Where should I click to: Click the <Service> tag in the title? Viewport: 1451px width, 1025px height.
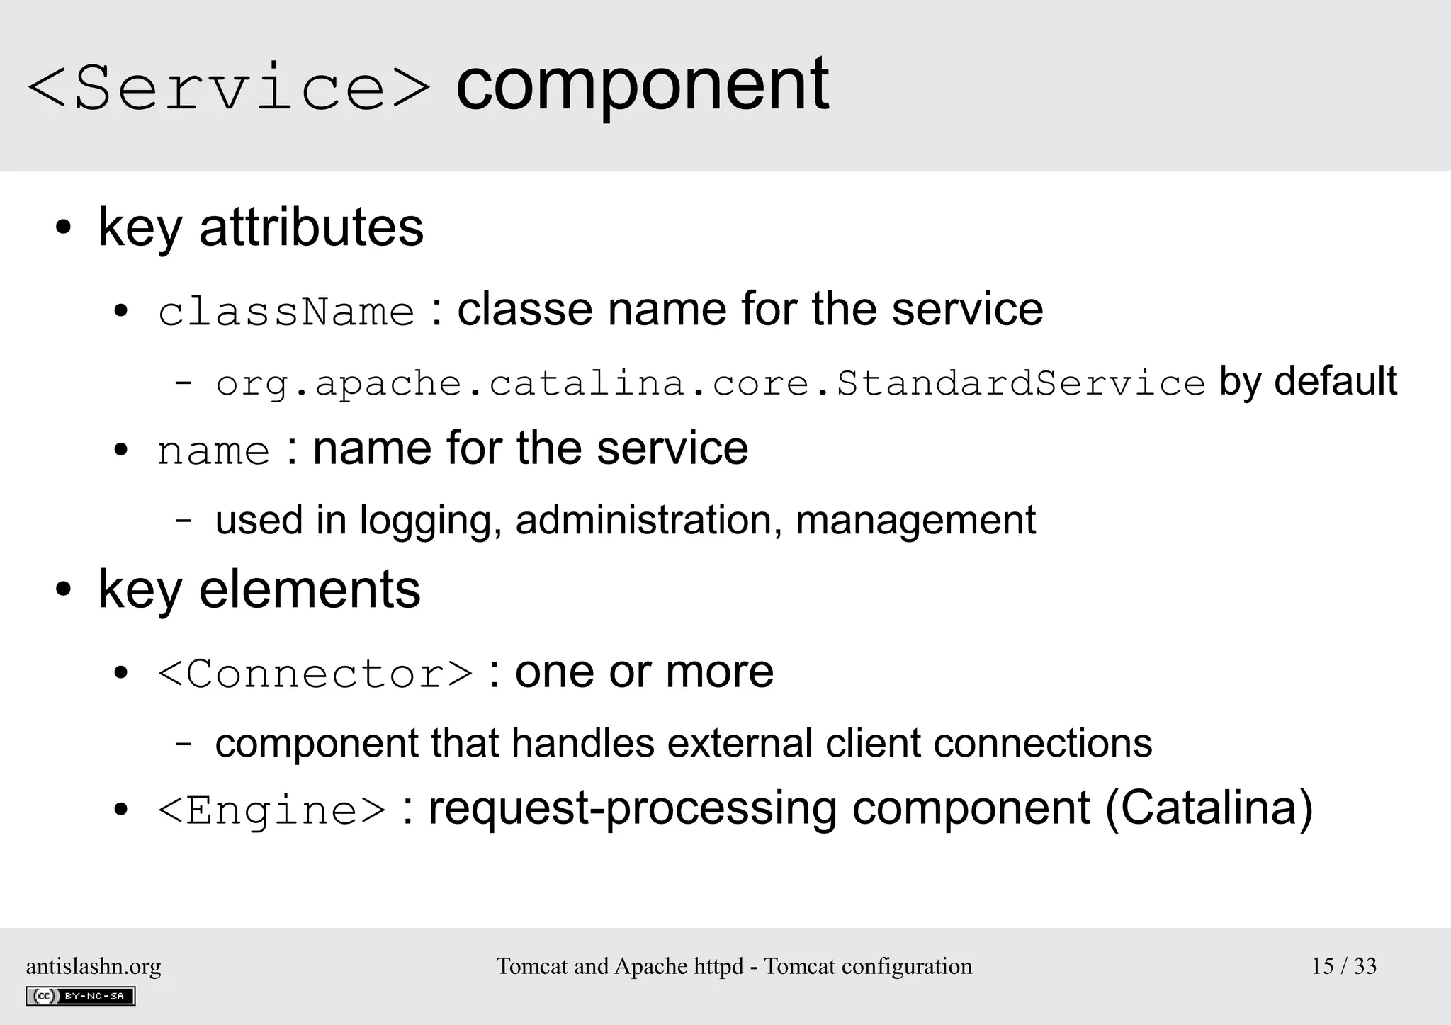228,88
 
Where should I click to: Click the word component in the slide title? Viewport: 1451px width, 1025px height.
642,85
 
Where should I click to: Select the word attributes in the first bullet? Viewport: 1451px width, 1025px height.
311,227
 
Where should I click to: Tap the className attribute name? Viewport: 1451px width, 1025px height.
286,312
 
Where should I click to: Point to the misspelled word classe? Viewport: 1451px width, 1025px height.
524,310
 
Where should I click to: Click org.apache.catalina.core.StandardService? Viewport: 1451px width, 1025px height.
710,384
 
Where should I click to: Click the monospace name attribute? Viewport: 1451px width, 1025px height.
213,451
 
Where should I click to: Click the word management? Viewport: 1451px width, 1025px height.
915,521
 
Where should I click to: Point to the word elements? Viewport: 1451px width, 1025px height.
310,589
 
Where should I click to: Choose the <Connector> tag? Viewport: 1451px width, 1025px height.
315,673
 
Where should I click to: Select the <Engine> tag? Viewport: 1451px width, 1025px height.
271,810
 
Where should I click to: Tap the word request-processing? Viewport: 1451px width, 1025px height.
633,809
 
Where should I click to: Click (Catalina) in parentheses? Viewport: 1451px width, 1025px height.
1209,809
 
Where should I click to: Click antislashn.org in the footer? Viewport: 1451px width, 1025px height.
94,966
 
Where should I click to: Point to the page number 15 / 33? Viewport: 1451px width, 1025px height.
1343,966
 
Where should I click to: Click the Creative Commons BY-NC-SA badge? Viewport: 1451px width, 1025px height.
81,996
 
